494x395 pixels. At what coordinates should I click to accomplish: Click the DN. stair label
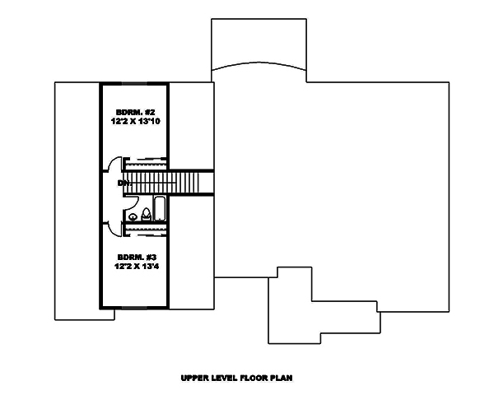pyautogui.click(x=123, y=182)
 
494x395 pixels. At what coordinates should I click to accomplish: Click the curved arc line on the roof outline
pyautogui.click(x=259, y=66)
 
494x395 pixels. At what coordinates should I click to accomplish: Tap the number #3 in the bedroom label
pyautogui.click(x=146, y=256)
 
